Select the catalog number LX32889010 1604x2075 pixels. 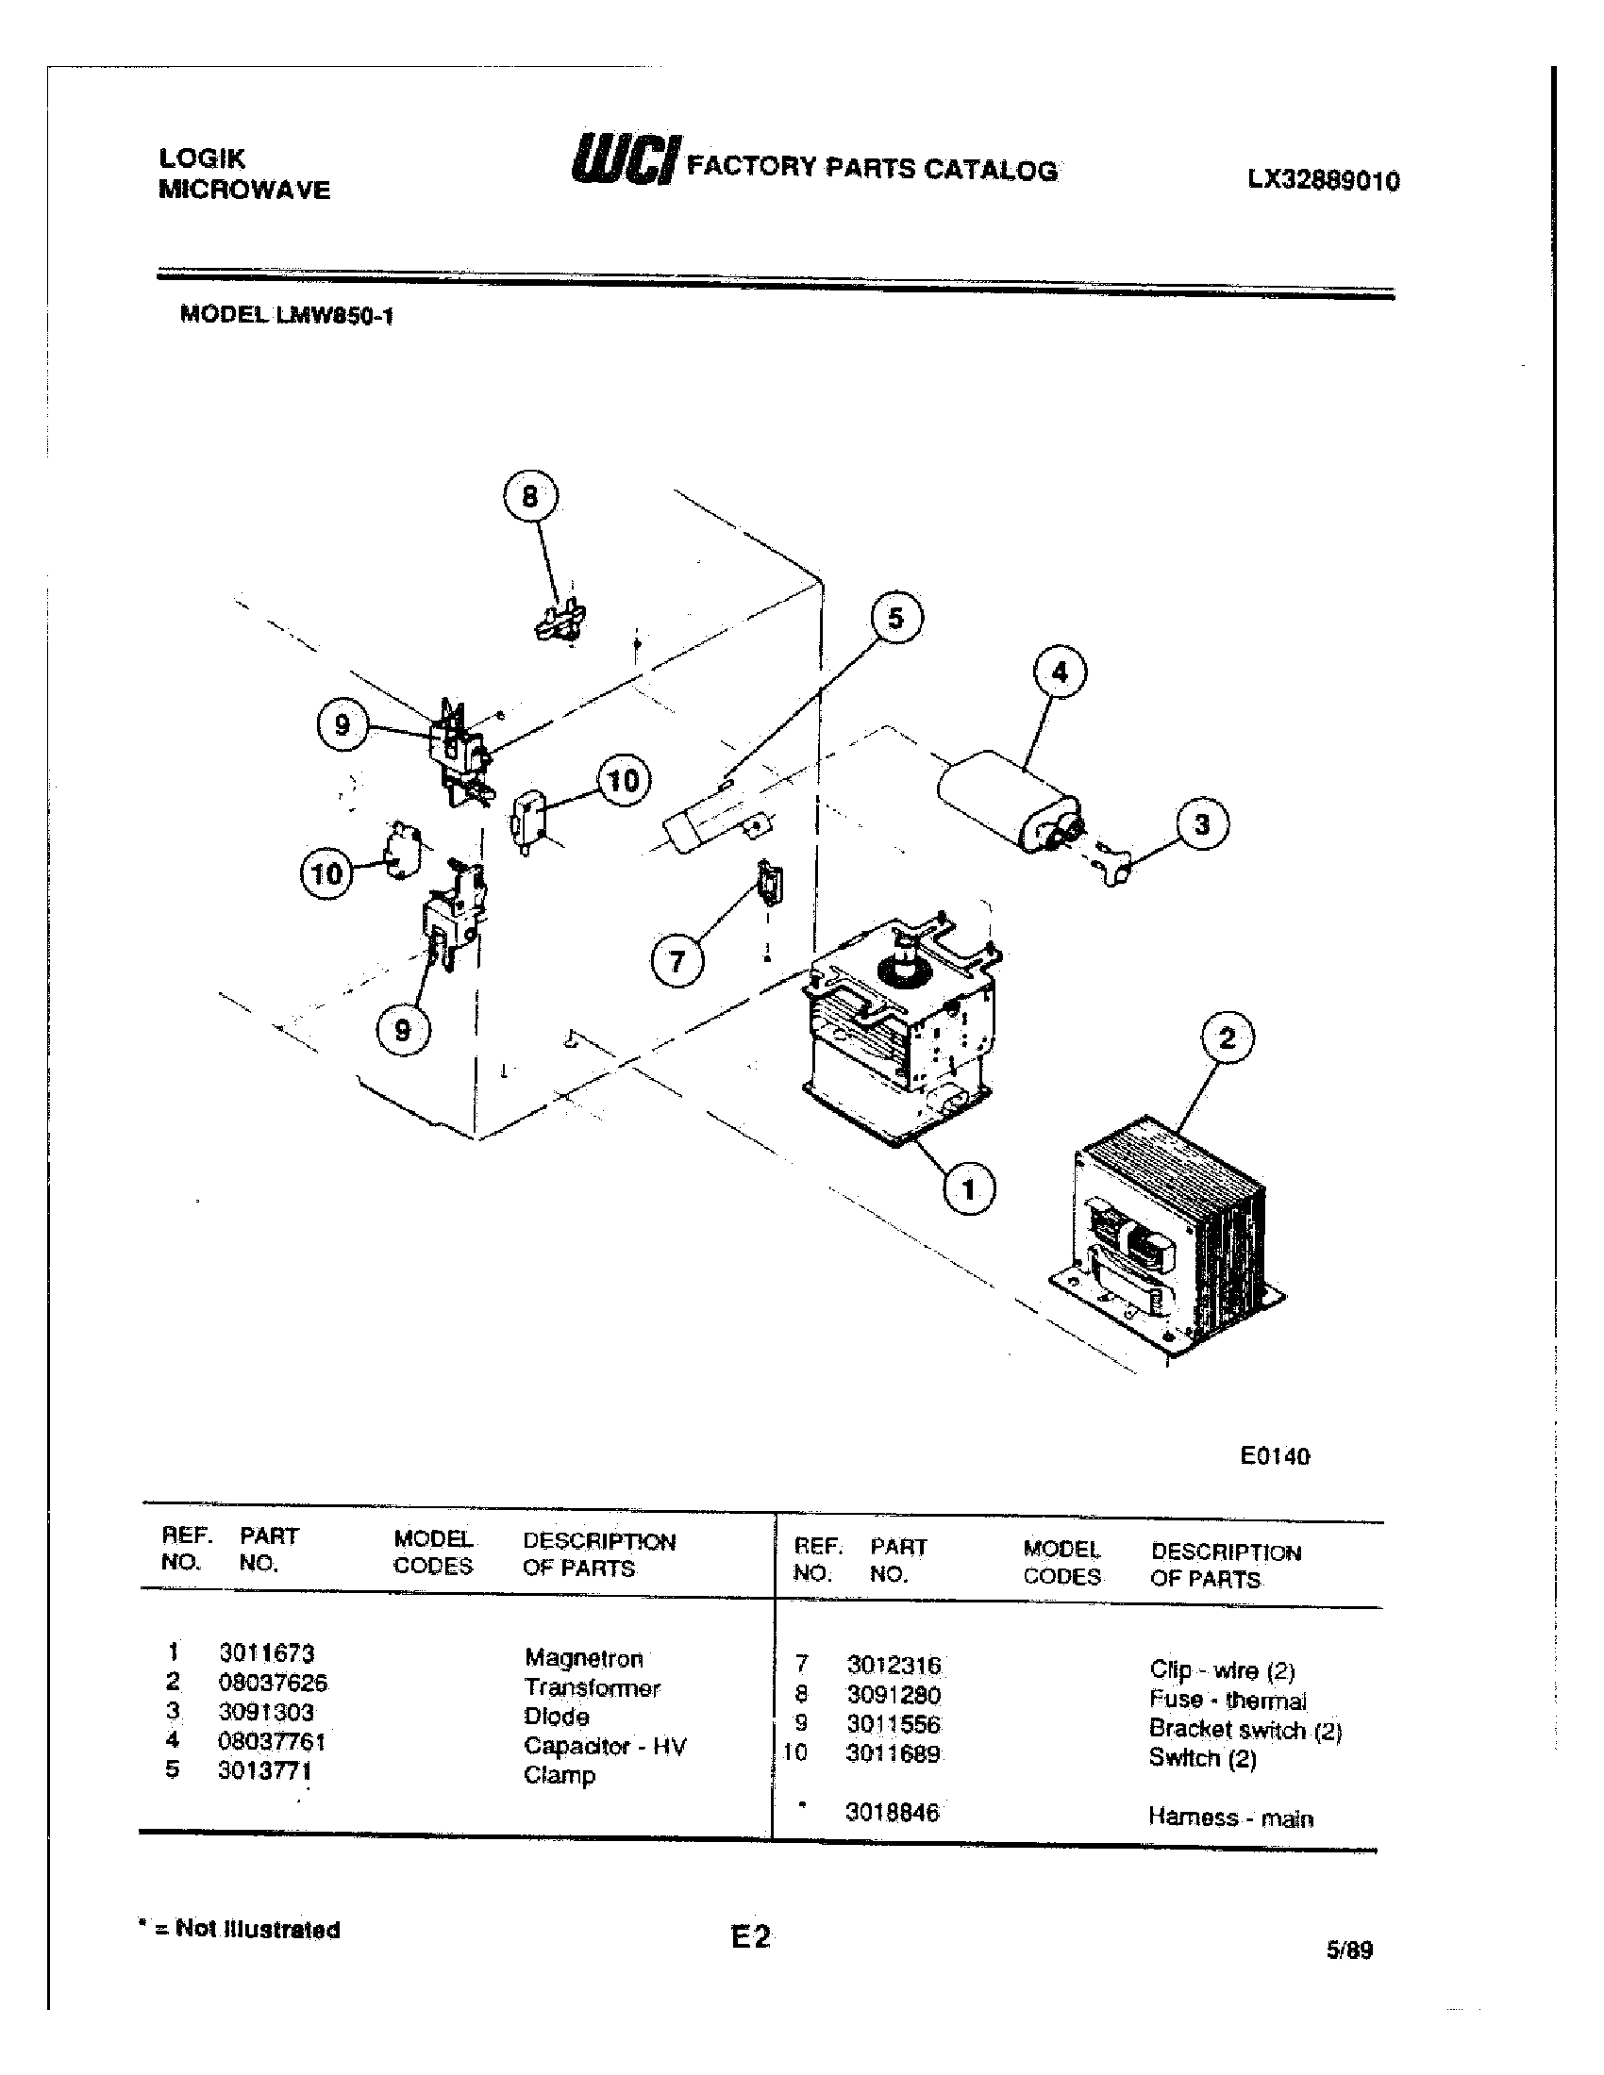coord(1323,181)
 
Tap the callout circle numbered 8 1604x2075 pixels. coord(529,496)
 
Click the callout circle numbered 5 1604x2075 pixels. coord(895,618)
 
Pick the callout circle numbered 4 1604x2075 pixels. coord(1059,672)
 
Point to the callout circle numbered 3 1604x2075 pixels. coord(1201,823)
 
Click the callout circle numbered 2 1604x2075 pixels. coord(1227,1037)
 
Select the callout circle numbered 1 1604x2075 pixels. coord(968,1188)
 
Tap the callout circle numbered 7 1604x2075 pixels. coord(677,962)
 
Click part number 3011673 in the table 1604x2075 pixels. coord(266,1653)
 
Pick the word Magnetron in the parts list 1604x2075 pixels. coord(583,1658)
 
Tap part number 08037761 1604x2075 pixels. coord(272,1741)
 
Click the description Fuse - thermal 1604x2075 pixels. coord(1227,1700)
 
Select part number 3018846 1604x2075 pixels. coord(892,1813)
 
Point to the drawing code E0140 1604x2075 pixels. coord(1275,1456)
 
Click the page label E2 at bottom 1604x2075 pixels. coord(751,1936)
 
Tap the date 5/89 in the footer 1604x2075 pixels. coord(1349,1950)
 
